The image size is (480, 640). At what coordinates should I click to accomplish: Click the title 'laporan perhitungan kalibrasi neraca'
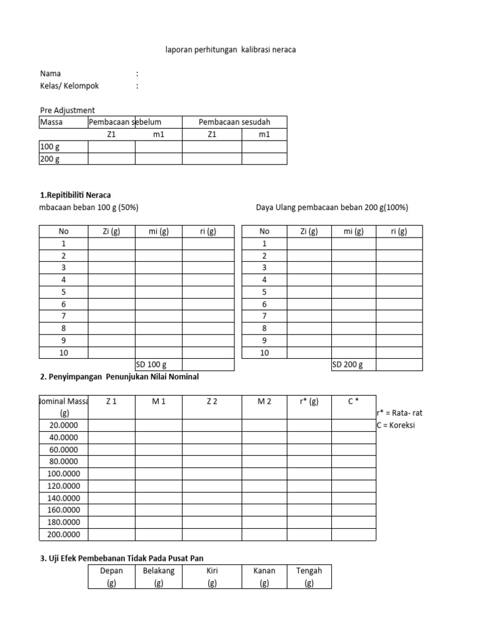(231, 49)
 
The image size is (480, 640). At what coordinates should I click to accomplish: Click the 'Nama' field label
(51, 74)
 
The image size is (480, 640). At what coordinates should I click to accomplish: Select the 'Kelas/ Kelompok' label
(69, 86)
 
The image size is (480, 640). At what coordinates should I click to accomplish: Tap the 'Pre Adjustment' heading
(67, 110)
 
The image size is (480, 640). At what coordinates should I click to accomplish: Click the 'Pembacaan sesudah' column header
(234, 122)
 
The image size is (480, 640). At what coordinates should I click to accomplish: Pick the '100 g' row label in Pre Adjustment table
(50, 146)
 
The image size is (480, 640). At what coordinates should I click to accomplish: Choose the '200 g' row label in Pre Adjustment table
(50, 159)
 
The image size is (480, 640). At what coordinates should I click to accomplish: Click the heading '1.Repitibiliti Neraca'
(76, 195)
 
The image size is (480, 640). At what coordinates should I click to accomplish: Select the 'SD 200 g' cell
(347, 365)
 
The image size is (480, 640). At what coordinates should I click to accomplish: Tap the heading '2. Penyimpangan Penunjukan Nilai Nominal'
(119, 377)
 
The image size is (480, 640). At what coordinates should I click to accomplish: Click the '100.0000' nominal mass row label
(64, 474)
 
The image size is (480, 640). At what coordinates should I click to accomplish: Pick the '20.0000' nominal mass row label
(64, 425)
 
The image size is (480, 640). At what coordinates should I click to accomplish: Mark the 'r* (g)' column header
(309, 401)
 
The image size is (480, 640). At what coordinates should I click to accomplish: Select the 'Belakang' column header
(159, 571)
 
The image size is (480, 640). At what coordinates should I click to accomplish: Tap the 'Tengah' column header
(309, 571)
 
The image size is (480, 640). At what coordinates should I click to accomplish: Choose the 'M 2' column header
(264, 401)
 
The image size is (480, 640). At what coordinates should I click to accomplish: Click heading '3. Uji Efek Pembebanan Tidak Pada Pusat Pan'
(122, 557)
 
